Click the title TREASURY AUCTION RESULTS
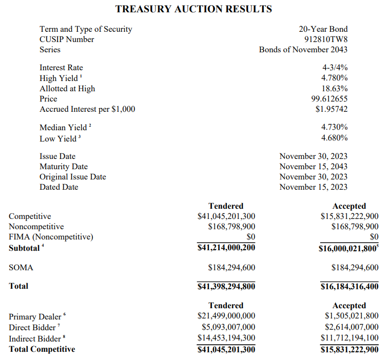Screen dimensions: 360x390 coord(193,9)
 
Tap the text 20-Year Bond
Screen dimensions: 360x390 coord(323,29)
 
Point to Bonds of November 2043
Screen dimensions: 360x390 coord(303,50)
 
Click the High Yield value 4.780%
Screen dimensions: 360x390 coord(334,78)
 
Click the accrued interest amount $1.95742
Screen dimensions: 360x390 coord(331,109)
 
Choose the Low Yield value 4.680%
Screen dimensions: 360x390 coord(334,138)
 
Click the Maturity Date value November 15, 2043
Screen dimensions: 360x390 coord(313,167)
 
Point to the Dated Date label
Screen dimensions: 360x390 coord(59,187)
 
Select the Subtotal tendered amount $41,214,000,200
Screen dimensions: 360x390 coord(226,248)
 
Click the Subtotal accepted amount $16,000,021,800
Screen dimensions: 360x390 coord(348,249)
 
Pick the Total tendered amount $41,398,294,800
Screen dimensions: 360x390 coord(226,286)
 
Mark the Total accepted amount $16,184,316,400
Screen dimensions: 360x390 coord(349,286)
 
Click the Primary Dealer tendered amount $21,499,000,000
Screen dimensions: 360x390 coord(226,316)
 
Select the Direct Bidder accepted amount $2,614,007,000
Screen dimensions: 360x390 coord(352,327)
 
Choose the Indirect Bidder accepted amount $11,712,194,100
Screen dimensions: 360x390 coord(349,338)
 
